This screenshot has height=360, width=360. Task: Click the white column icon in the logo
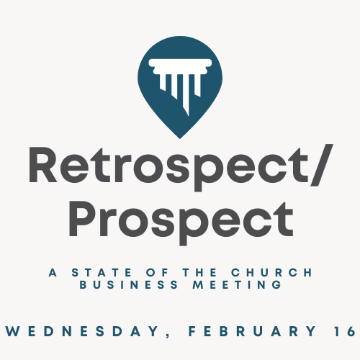180,81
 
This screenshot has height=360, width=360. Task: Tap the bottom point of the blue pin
180,138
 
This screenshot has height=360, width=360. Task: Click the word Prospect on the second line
181,222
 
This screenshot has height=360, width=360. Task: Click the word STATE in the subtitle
102,273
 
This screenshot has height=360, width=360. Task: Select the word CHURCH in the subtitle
271,273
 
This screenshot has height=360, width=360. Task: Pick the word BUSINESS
129,285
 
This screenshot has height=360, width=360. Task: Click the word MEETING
238,285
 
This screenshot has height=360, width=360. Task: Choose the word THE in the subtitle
199,273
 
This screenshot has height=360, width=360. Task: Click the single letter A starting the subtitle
53,273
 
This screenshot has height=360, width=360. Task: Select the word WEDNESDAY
82,331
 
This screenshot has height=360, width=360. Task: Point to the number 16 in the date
345,331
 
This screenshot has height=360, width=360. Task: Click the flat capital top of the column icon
180,63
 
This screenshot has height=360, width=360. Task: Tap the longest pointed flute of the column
186,96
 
